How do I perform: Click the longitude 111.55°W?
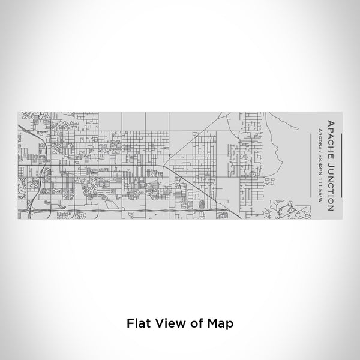pyautogui.click(x=321, y=185)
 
